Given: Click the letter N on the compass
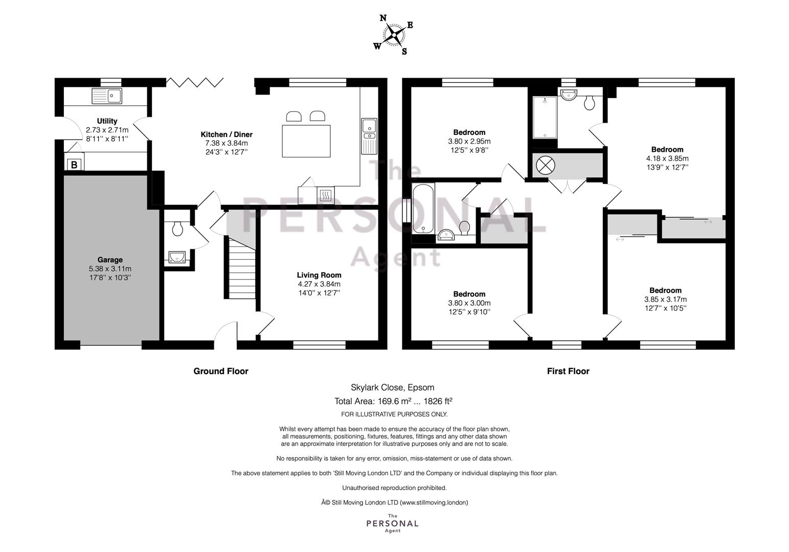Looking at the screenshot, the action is tap(383, 18).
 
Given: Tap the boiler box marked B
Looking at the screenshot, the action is tap(74, 165).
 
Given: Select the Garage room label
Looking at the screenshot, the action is tap(110, 260).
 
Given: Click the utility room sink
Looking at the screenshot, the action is tap(107, 96).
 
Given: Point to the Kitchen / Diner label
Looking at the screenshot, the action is tap(227, 134).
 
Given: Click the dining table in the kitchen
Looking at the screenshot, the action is tap(306, 141).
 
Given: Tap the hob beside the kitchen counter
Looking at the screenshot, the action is tap(325, 195).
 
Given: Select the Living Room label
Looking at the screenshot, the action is tap(319, 275).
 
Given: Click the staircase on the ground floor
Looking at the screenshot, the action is tap(240, 267).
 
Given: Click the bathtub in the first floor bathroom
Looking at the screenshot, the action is tap(423, 209).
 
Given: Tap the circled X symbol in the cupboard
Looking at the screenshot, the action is tap(545, 165).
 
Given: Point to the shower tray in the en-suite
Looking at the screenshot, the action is tap(545, 117).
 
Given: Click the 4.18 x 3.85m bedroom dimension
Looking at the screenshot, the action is tap(667, 158).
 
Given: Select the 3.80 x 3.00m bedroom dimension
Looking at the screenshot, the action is tap(469, 303).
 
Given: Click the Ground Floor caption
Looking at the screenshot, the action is tap(221, 371).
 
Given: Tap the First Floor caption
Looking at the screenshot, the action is tap(568, 371).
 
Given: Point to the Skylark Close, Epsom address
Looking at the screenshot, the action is tap(392, 387).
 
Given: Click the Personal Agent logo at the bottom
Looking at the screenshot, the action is tap(392, 523).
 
